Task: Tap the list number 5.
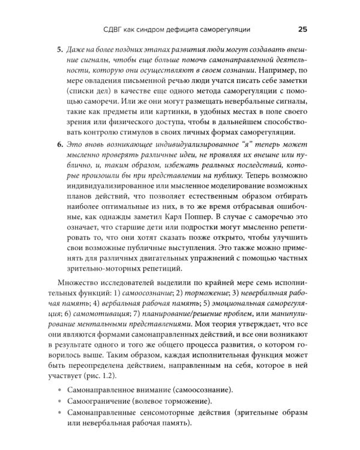pos(59,50)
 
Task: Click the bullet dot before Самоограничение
pos(58,402)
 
